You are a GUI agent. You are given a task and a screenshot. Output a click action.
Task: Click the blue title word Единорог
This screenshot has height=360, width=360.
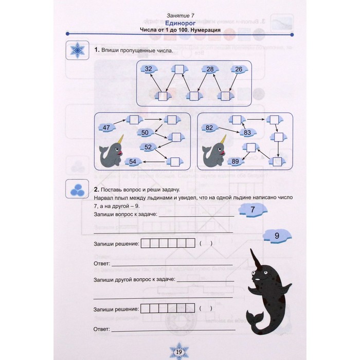pyautogui.click(x=180, y=23)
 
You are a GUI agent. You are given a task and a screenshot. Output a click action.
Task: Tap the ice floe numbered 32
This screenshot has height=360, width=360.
pyautogui.click(x=149, y=69)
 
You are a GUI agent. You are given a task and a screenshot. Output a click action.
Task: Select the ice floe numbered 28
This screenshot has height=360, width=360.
pyautogui.click(x=210, y=69)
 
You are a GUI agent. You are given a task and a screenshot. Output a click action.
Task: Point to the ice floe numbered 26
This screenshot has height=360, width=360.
pyautogui.click(x=239, y=69)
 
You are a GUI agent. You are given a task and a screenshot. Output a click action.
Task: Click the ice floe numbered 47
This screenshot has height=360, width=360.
pyautogui.click(x=106, y=128)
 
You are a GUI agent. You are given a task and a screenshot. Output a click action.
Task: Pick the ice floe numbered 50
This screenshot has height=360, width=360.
pyautogui.click(x=145, y=133)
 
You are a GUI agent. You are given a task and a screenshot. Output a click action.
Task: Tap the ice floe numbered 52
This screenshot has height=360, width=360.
pyautogui.click(x=148, y=147)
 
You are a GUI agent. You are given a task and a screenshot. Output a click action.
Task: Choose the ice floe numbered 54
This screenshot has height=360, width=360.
pyautogui.click(x=133, y=161)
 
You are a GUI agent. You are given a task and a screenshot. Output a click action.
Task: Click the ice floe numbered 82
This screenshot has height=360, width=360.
pyautogui.click(x=210, y=128)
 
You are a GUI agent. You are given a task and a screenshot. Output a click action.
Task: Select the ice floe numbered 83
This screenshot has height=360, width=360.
pyautogui.click(x=247, y=133)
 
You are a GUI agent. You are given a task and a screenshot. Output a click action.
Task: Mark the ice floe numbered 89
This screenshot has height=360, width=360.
pyautogui.click(x=236, y=161)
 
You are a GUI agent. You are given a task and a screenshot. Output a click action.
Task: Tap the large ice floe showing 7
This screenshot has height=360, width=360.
pyautogui.click(x=253, y=210)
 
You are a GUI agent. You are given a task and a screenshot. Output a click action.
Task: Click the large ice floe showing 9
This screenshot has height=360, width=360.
pyautogui.click(x=277, y=236)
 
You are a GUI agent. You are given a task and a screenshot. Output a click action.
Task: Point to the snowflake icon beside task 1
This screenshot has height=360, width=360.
pyautogui.click(x=77, y=50)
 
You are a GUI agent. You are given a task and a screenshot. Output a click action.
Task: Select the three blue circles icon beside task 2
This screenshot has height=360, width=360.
pyautogui.click(x=77, y=190)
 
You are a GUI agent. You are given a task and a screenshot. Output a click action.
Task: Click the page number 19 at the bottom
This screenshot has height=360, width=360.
pyautogui.click(x=179, y=352)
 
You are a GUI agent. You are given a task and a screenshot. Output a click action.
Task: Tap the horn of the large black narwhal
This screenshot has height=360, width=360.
pyautogui.click(x=255, y=259)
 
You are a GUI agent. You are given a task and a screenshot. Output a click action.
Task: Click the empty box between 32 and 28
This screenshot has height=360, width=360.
pyautogui.click(x=179, y=69)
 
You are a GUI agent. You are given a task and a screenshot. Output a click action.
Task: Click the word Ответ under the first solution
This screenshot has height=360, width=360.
pyautogui.click(x=102, y=263)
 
